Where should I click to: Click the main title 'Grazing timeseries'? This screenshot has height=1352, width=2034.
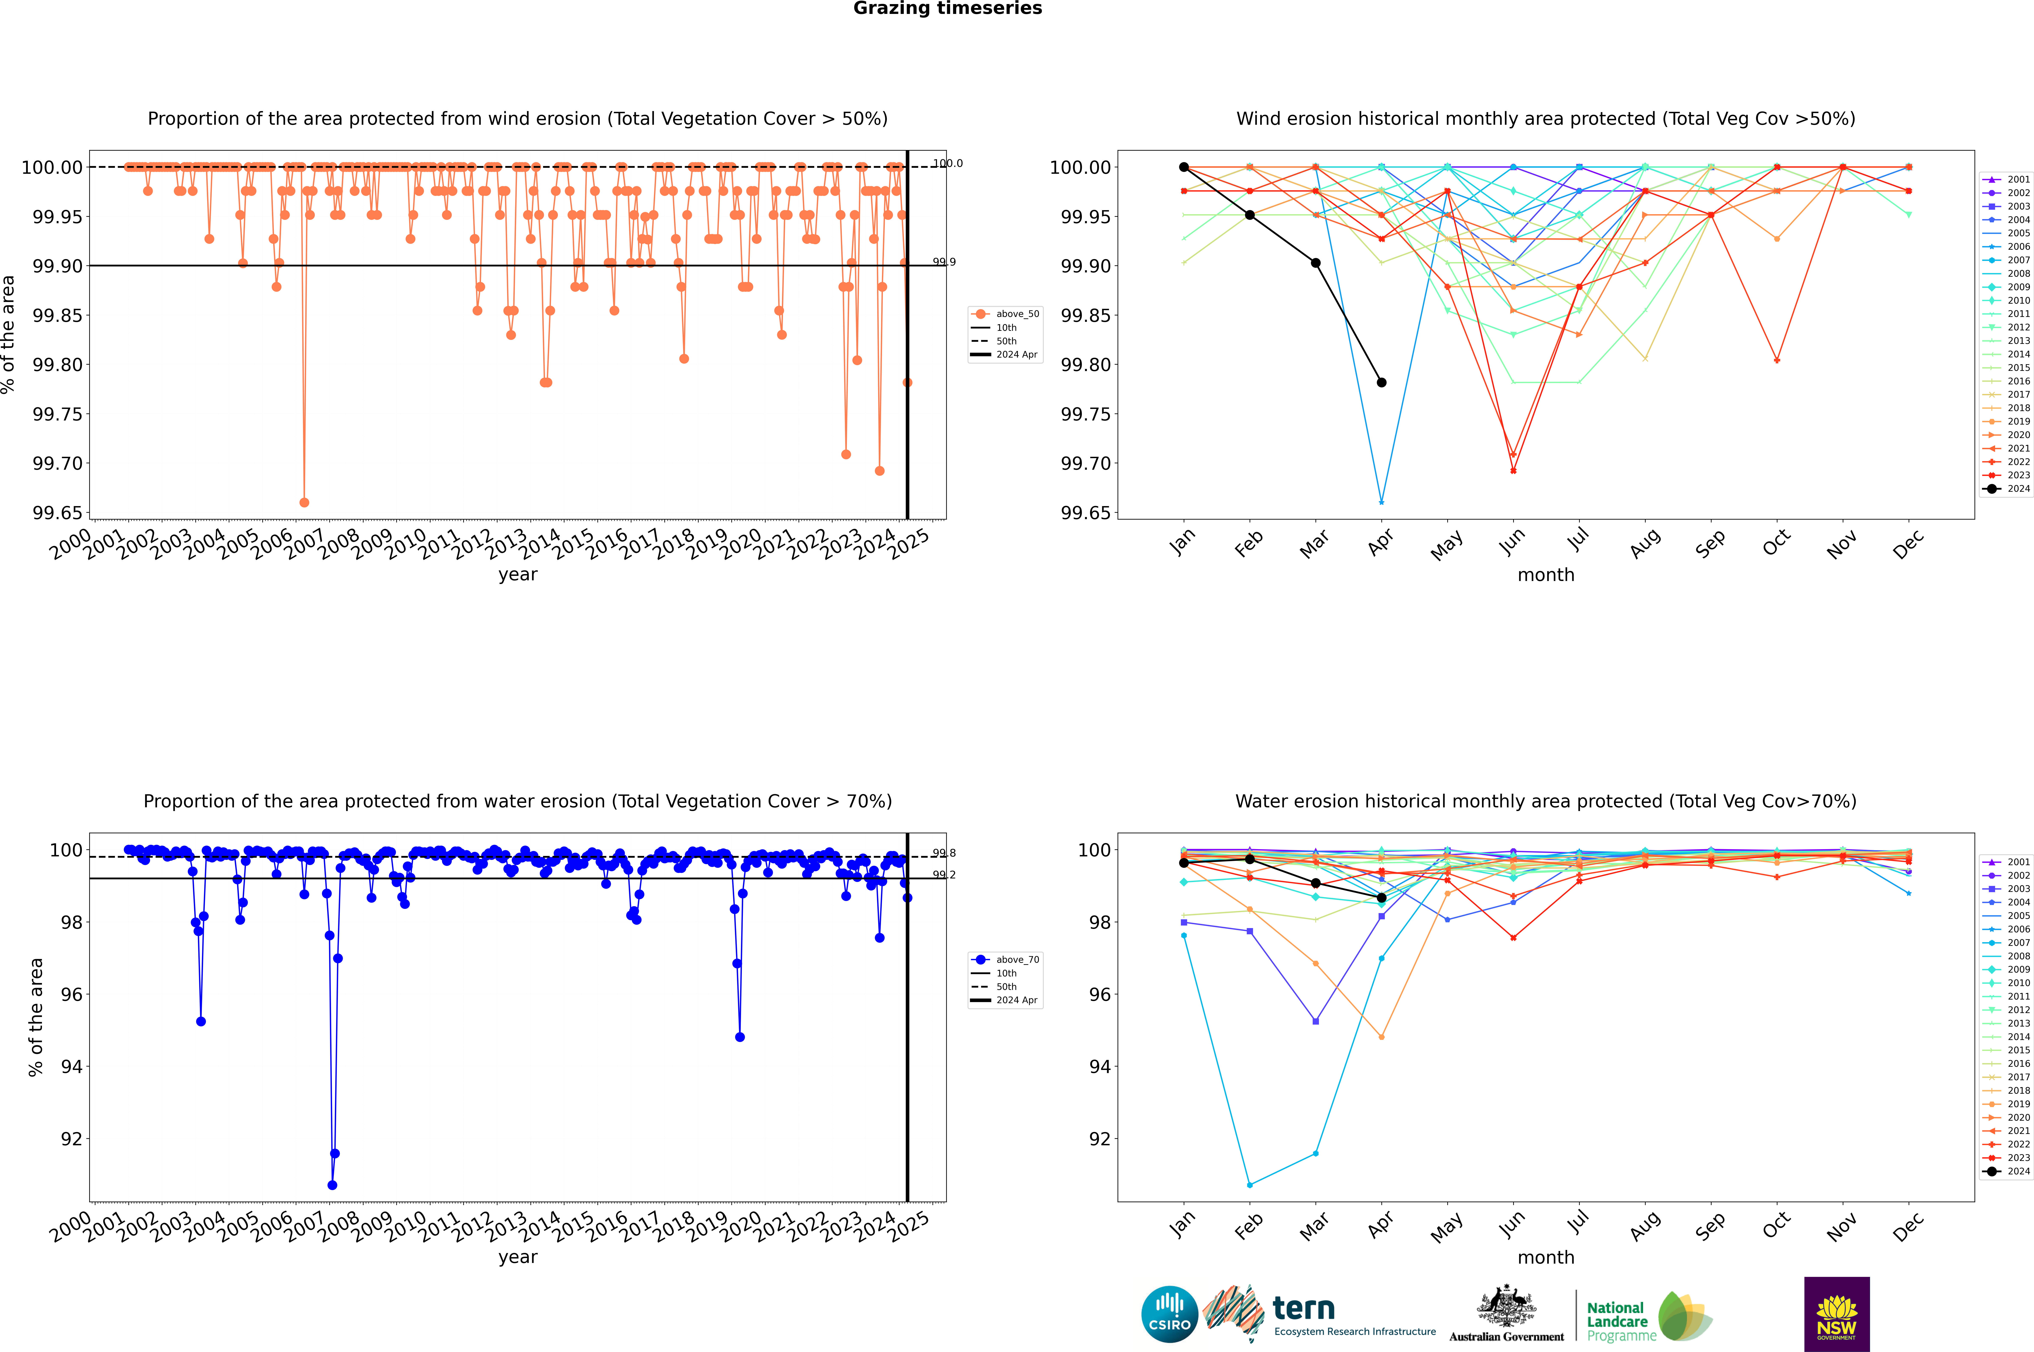(x=948, y=9)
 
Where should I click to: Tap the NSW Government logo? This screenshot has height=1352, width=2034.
(x=1837, y=1314)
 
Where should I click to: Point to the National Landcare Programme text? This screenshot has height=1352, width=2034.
(x=1621, y=1322)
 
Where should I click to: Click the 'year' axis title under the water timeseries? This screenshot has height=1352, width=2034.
(x=518, y=1257)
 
